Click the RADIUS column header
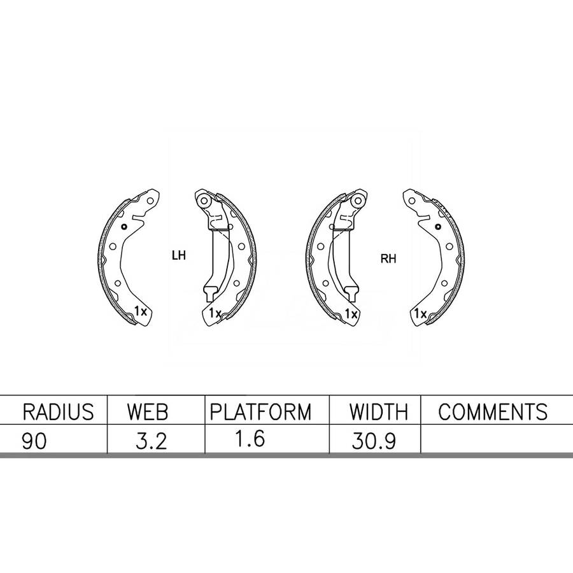tap(58, 412)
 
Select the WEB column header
tap(148, 412)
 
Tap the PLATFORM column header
tap(260, 412)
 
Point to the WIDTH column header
tap(379, 412)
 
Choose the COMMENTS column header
tap(493, 412)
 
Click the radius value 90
tap(34, 441)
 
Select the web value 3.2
tap(152, 441)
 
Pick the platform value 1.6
tap(250, 439)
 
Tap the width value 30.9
tap(374, 441)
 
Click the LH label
tap(179, 255)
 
